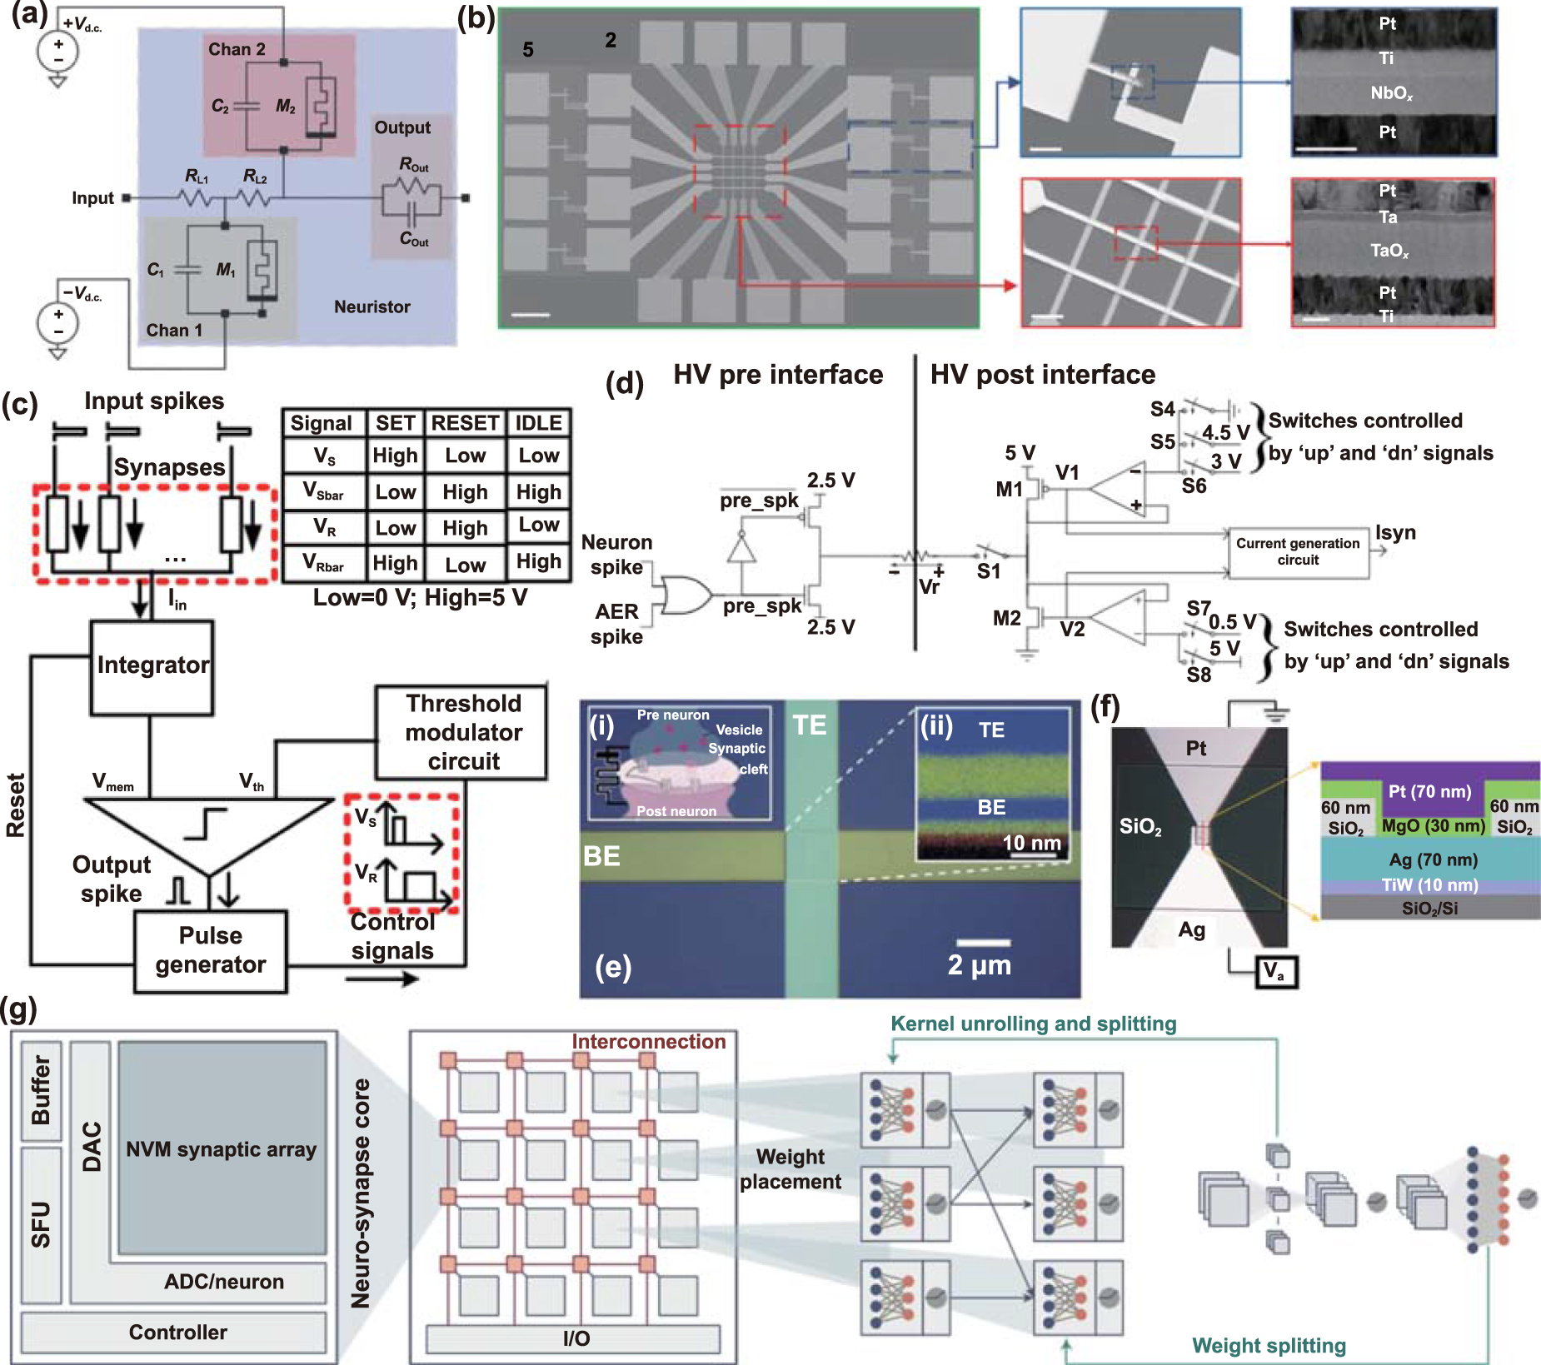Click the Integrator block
(152, 666)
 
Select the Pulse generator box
(211, 950)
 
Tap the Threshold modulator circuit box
(462, 732)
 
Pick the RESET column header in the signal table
(465, 423)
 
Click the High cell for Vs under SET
(395, 456)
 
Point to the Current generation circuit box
(1298, 552)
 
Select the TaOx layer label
(1389, 251)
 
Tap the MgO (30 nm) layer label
(1433, 826)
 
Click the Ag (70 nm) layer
(1433, 859)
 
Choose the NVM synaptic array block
(222, 1149)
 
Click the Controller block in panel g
(177, 1333)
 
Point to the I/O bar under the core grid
(575, 1339)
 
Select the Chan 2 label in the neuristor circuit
(237, 50)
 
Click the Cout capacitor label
(414, 240)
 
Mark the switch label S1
(988, 571)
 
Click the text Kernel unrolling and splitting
(1033, 1024)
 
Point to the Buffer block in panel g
(42, 1090)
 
